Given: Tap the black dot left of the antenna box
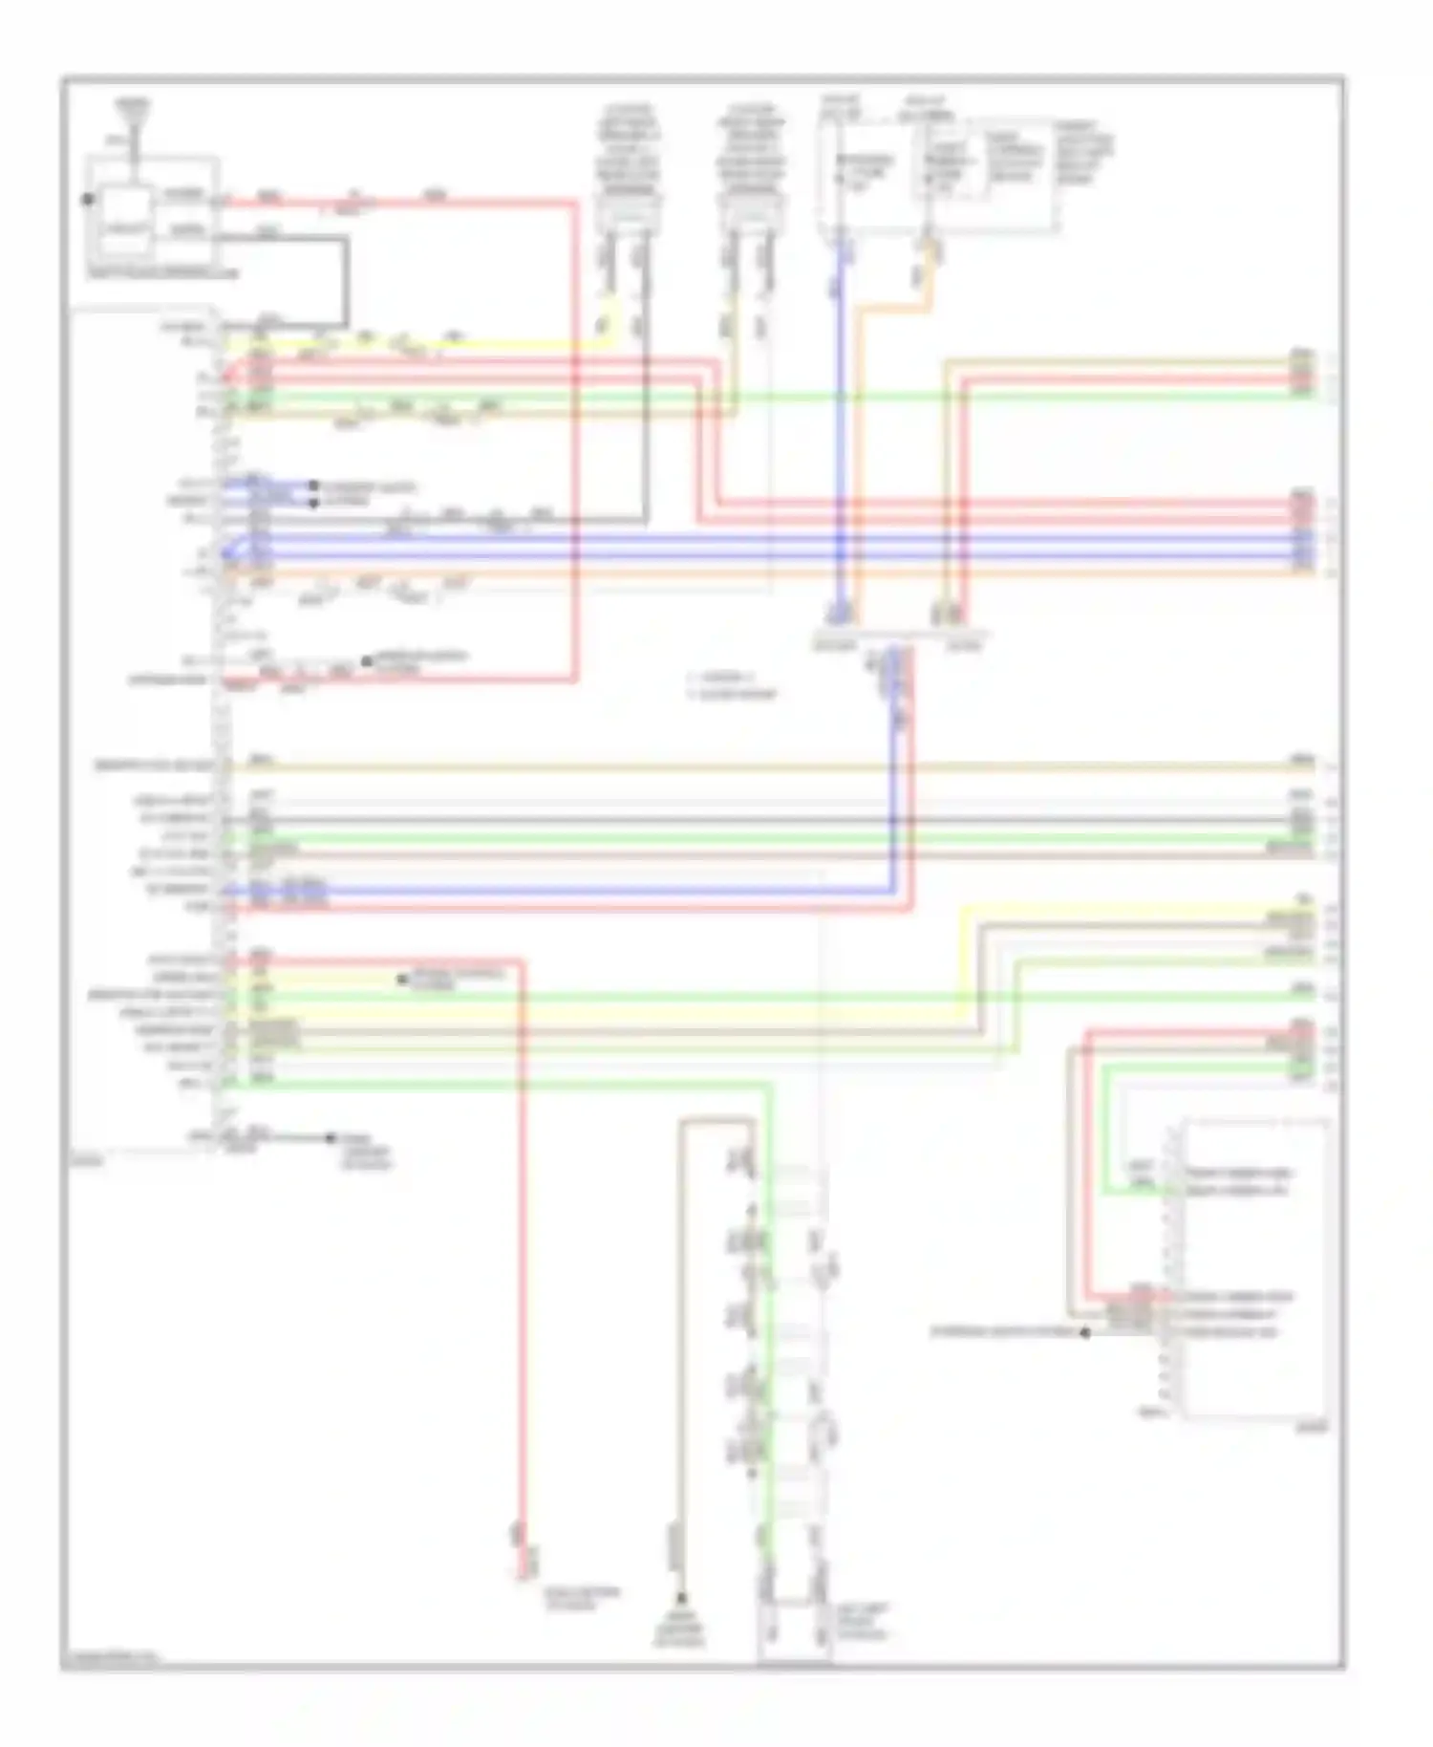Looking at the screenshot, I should point(87,200).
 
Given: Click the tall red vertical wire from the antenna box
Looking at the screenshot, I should point(575,440).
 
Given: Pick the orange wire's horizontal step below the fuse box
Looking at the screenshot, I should point(893,308).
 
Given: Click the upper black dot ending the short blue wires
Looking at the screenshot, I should point(313,485).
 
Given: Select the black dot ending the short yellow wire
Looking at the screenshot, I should point(402,980).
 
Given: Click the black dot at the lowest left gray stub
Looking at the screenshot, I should point(331,1137).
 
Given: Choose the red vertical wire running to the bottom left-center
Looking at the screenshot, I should point(522,1242).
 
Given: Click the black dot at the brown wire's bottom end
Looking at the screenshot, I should point(682,1597).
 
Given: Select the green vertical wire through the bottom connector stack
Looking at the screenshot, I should point(768,1338).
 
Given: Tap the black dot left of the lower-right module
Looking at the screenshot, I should point(1085,1332).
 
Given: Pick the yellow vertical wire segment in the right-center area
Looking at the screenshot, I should point(960,956).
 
